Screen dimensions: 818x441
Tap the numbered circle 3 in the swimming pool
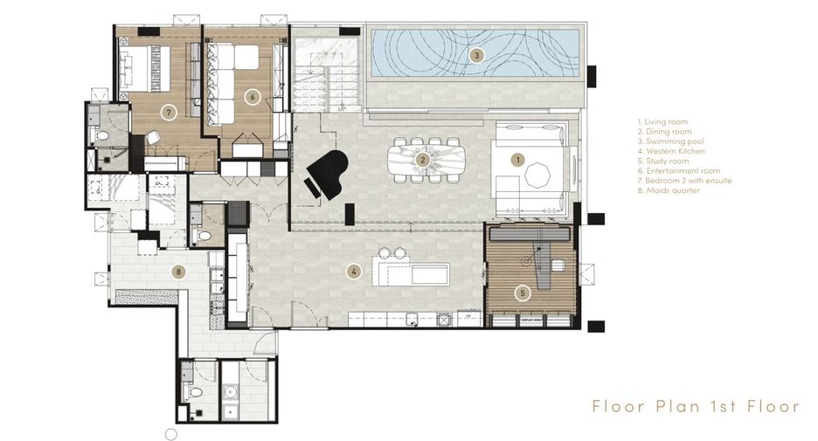pyautogui.click(x=475, y=55)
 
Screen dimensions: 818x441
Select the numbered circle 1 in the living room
pyautogui.click(x=517, y=160)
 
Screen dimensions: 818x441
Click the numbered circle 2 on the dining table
pyautogui.click(x=423, y=160)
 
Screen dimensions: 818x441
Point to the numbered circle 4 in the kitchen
pyautogui.click(x=354, y=271)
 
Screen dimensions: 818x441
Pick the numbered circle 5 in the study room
pyautogui.click(x=523, y=293)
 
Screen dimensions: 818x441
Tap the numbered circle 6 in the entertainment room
pyautogui.click(x=253, y=97)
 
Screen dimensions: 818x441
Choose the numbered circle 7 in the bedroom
pyautogui.click(x=168, y=112)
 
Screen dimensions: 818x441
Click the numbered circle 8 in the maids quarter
pyautogui.click(x=178, y=272)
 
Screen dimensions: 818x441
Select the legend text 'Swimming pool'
pyautogui.click(x=675, y=141)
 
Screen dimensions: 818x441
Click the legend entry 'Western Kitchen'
pyautogui.click(x=671, y=151)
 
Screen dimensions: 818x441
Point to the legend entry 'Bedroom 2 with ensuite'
pyautogui.click(x=684, y=181)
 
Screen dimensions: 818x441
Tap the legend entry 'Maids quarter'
pyautogui.click(x=669, y=190)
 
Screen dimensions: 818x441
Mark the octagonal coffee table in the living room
pyautogui.click(x=537, y=176)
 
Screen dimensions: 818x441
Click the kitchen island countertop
pyautogui.click(x=411, y=271)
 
